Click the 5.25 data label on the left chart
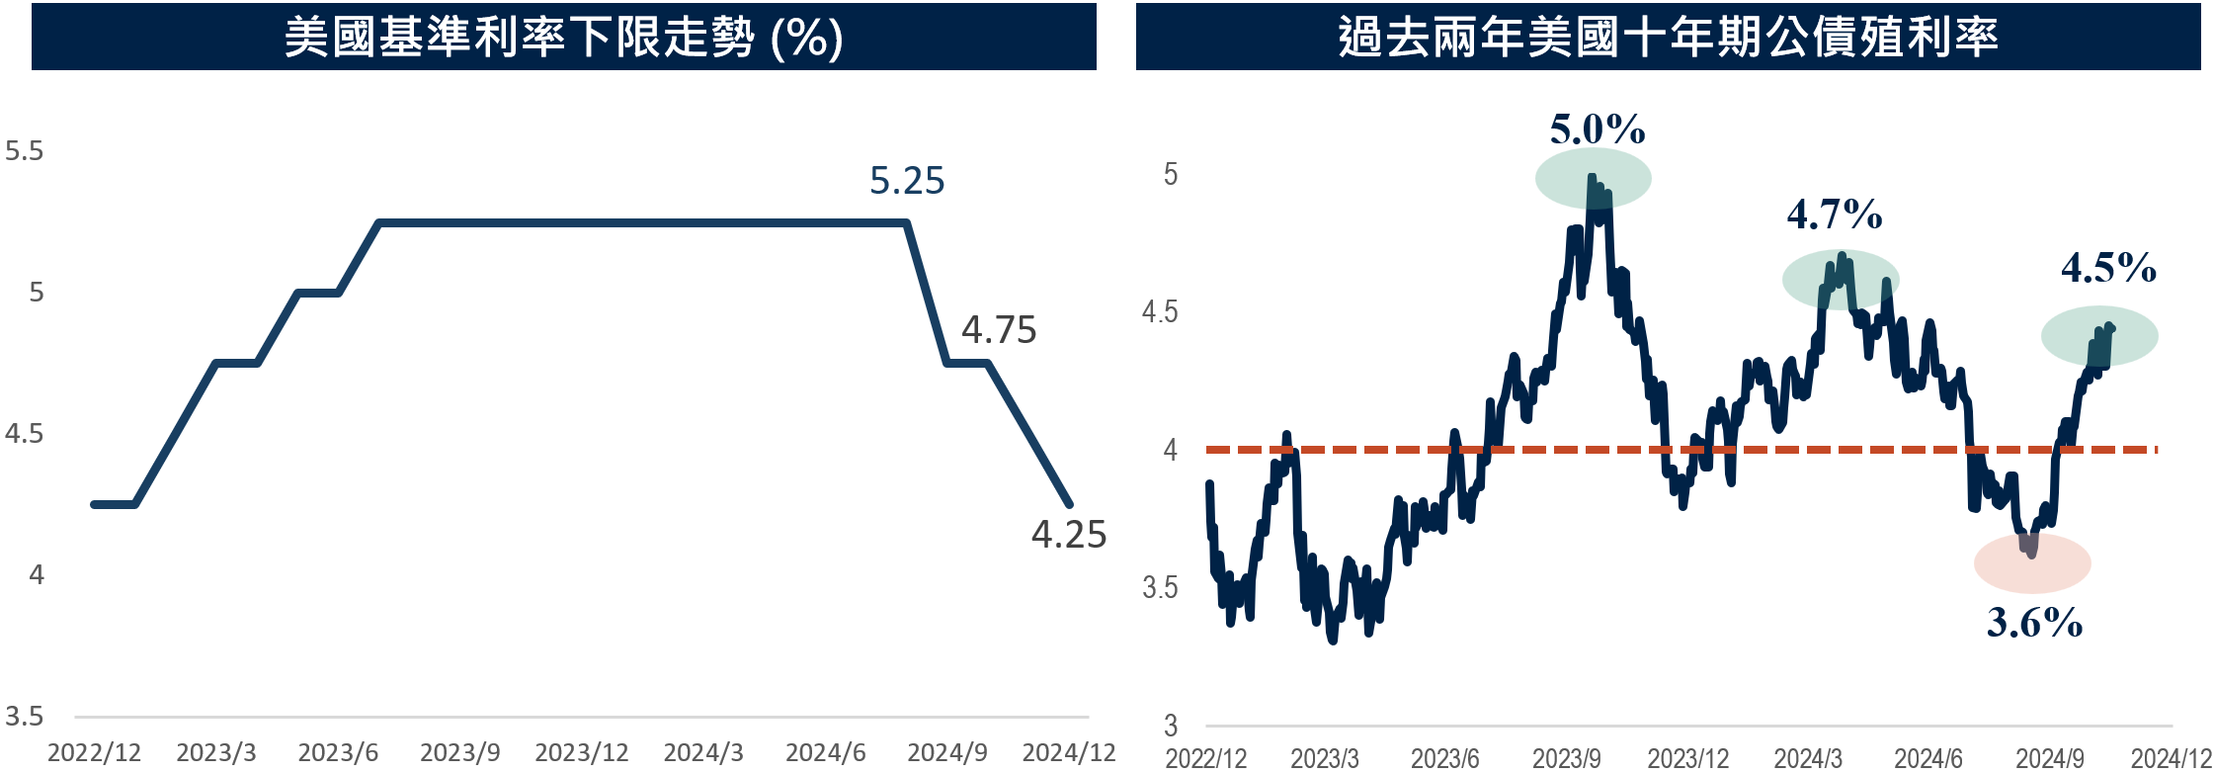click(907, 181)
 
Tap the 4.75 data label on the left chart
click(999, 330)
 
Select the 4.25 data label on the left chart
click(1069, 535)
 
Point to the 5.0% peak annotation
click(1598, 129)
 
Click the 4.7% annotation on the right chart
click(1835, 215)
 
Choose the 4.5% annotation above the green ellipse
click(2108, 268)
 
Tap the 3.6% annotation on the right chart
click(2034, 623)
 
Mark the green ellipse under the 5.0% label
click(1593, 178)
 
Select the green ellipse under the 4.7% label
click(1841, 280)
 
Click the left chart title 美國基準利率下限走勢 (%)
click(563, 38)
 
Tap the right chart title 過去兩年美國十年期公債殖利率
click(1668, 38)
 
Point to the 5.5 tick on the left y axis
click(25, 151)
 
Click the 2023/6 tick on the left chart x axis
click(338, 753)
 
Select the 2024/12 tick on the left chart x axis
click(1068, 753)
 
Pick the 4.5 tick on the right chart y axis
click(1160, 312)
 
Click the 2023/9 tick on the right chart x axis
click(1566, 758)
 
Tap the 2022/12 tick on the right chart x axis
click(1205, 758)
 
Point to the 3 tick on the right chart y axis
click(1171, 726)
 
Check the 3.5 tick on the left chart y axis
click(25, 717)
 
